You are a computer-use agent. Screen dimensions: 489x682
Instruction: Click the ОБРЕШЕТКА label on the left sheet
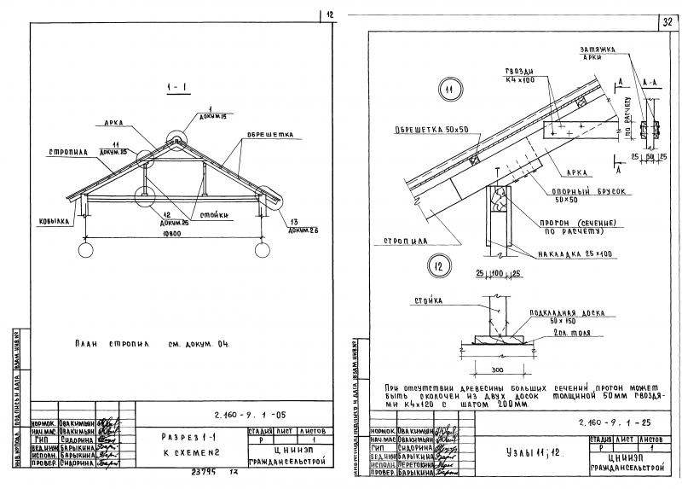[270, 134]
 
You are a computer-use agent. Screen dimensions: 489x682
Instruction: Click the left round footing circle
[86, 249]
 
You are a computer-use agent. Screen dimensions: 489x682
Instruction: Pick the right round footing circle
[262, 249]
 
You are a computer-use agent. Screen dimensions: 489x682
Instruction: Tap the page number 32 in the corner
[667, 22]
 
